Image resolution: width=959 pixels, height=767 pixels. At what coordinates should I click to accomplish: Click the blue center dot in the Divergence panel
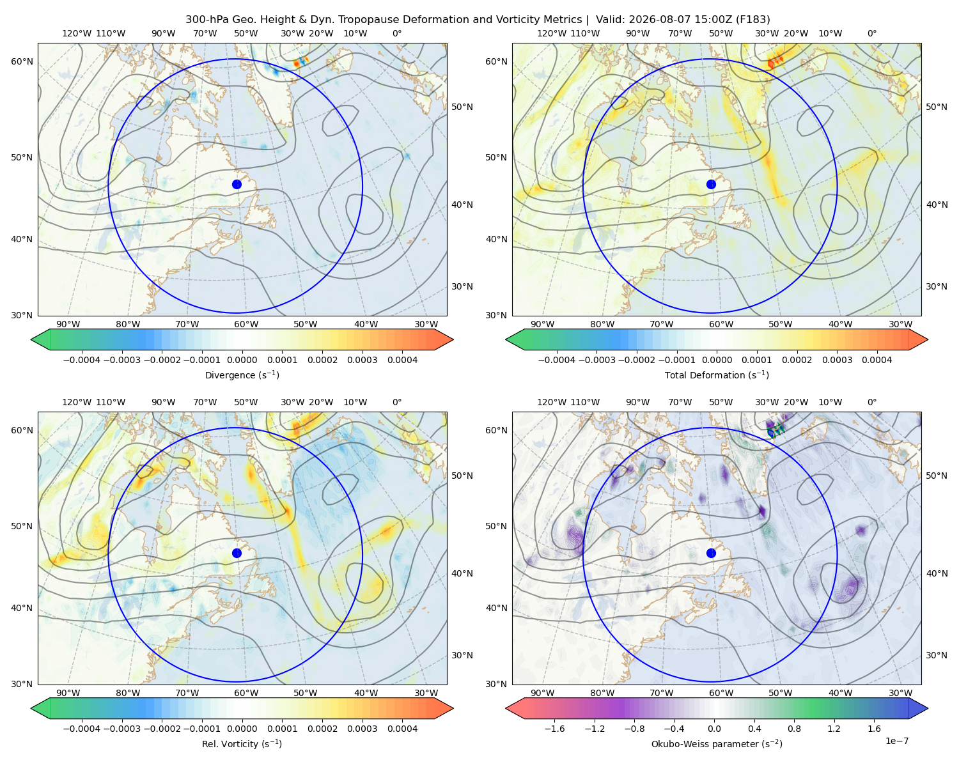[x=237, y=185]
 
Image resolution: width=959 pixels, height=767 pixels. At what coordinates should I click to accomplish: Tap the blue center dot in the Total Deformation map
[x=711, y=185]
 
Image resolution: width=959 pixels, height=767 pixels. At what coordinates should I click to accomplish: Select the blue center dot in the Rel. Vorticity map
[x=237, y=553]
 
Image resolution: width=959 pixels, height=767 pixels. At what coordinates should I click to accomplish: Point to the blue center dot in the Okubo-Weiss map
[x=711, y=553]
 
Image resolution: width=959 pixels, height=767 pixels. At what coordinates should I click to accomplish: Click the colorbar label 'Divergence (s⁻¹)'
[x=242, y=375]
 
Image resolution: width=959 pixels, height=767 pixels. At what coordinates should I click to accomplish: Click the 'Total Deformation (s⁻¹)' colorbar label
[x=717, y=375]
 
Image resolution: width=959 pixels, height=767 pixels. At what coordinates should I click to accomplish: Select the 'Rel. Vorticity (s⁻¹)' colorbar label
[x=242, y=744]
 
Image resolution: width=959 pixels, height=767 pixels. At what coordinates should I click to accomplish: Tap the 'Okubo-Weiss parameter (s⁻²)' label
[x=717, y=744]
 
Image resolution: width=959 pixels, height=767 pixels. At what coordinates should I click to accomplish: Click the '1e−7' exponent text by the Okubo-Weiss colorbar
[x=896, y=741]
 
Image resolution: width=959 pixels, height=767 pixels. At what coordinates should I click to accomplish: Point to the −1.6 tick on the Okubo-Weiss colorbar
[x=555, y=729]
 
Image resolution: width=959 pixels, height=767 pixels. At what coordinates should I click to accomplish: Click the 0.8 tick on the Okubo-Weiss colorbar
[x=794, y=729]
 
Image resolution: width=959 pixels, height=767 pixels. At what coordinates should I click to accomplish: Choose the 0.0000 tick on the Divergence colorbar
[x=242, y=360]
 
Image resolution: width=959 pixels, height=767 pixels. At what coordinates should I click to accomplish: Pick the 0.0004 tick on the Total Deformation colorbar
[x=877, y=360]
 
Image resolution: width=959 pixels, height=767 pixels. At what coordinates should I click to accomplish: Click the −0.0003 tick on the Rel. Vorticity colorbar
[x=121, y=729]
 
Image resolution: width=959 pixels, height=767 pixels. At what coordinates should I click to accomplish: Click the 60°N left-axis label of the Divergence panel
[x=22, y=61]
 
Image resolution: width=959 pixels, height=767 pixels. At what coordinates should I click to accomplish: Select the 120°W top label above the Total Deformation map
[x=552, y=33]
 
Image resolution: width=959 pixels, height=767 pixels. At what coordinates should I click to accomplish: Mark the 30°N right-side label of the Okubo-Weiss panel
[x=937, y=655]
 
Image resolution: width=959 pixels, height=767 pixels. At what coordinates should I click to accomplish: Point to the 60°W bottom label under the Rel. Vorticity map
[x=246, y=693]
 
